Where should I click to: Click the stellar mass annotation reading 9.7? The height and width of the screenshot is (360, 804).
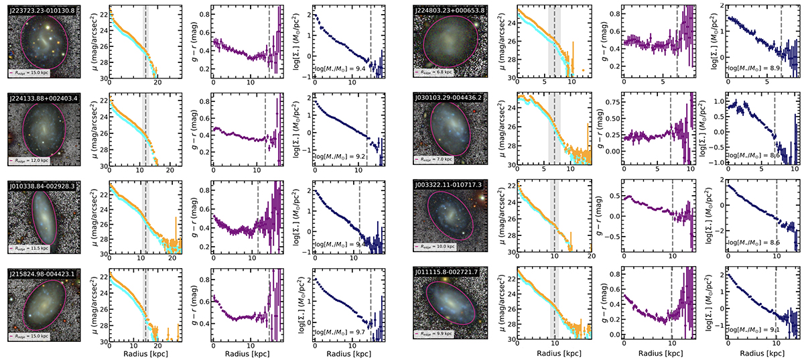(338, 332)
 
